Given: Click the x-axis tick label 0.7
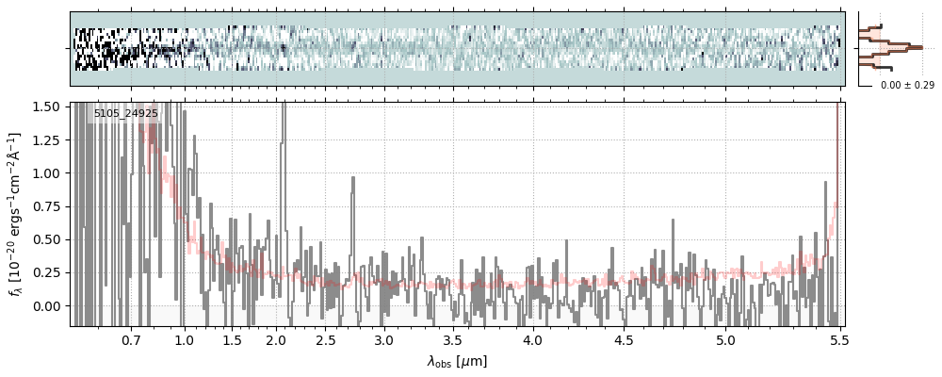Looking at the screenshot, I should pos(131,339).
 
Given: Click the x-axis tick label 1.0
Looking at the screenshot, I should pos(185,339).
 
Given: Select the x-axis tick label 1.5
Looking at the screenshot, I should pos(232,339).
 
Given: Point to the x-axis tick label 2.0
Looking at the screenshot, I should pos(275,339).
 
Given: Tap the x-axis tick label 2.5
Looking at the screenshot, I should pos(325,339).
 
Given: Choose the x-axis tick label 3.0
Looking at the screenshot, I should pos(383,339).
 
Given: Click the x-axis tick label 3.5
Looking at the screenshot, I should pos(452,339).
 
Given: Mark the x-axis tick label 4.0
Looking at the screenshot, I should pos(533,339).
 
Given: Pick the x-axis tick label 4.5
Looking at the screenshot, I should pos(625,339).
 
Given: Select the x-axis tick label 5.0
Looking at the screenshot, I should pos(725,339).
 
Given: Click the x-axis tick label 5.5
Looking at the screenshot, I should pos(837,339).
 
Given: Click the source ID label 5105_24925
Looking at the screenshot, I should pos(126,113).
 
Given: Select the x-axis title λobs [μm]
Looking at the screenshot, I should pos(457,361).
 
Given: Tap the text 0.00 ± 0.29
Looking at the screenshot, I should pos(907,86).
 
